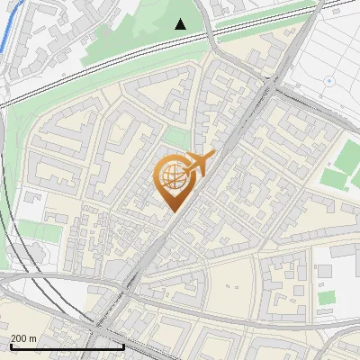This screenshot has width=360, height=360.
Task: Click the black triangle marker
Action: (x=181, y=24)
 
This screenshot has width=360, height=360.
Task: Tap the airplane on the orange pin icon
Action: (x=200, y=164)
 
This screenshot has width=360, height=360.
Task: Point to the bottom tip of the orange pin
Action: (x=173, y=211)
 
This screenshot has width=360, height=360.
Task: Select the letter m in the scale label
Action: (x=33, y=337)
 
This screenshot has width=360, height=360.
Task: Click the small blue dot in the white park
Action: (x=329, y=80)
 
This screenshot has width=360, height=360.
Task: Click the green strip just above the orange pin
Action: (x=177, y=138)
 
